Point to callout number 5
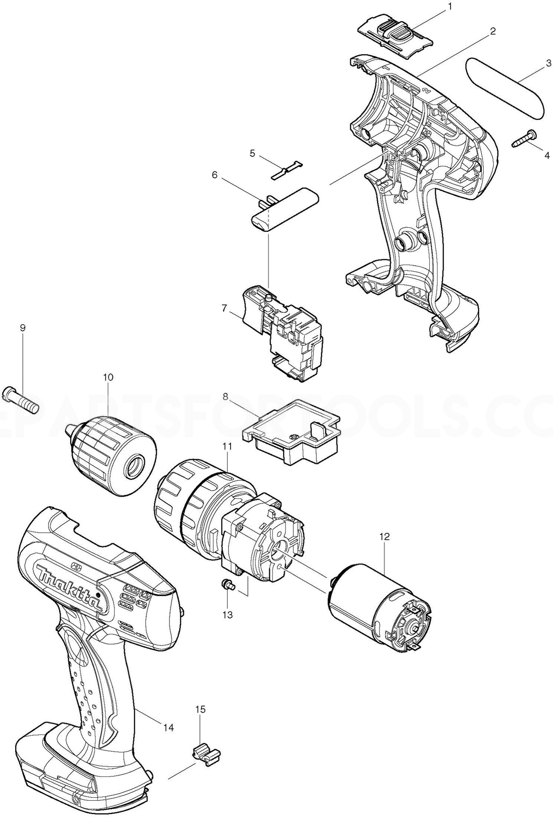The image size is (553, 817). point(252,154)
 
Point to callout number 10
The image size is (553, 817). point(108,377)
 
